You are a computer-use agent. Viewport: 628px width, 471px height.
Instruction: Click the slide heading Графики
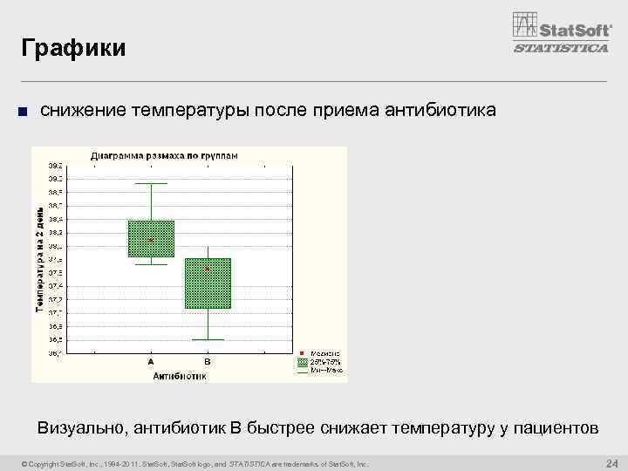(74, 47)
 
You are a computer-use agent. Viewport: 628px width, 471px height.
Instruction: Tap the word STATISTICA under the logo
(561, 49)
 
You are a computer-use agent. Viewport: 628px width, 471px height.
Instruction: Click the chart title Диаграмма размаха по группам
(164, 155)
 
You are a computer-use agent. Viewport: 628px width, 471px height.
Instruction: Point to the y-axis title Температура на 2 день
(39, 259)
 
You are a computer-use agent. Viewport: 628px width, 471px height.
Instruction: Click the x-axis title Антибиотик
(179, 376)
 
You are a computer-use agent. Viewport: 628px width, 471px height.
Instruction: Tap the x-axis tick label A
(151, 361)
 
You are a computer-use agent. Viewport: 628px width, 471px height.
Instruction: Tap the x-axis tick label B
(208, 361)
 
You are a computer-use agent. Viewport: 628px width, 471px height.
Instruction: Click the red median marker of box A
(151, 240)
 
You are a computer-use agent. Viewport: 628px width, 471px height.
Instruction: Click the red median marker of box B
(208, 269)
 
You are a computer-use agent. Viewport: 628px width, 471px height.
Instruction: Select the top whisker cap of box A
(151, 183)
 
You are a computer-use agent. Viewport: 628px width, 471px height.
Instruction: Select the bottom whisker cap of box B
(208, 339)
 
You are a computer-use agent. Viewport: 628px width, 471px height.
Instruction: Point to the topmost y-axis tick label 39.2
(55, 165)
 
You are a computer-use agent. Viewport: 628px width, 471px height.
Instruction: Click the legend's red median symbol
(303, 352)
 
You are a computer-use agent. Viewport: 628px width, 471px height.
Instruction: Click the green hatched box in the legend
(303, 360)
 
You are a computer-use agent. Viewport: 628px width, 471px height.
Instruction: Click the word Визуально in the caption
(79, 428)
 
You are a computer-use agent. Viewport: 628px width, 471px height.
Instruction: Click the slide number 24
(611, 462)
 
